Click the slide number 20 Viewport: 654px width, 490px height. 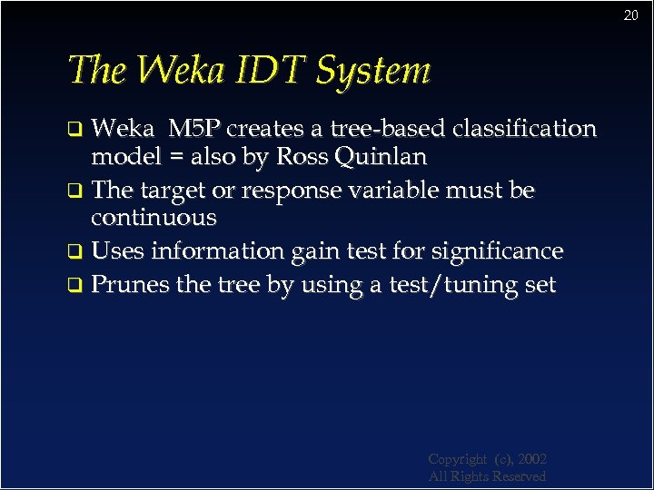(631, 15)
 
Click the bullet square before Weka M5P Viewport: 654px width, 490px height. (77, 129)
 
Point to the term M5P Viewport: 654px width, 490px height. (199, 129)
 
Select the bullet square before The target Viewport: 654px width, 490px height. (77, 191)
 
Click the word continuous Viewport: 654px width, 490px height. (154, 218)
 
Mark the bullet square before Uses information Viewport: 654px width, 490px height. (77, 252)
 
